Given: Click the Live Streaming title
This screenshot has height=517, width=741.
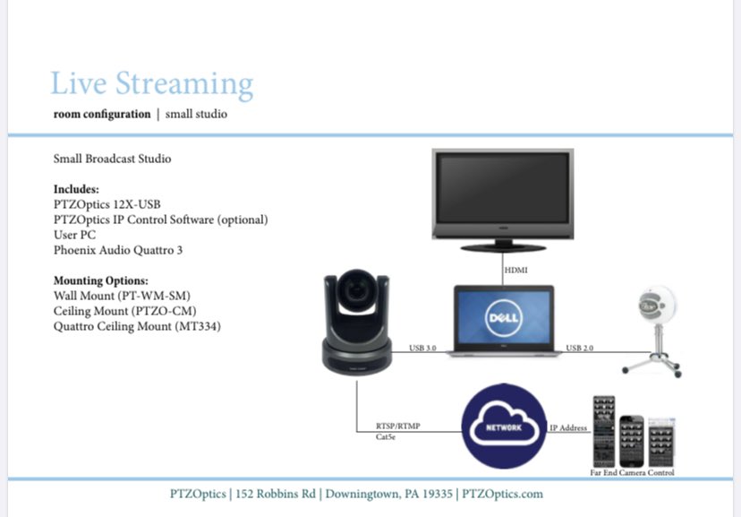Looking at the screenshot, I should (x=152, y=84).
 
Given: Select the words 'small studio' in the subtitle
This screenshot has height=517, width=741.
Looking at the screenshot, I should (x=197, y=115).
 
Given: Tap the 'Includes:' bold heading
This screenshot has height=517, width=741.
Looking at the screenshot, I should (x=77, y=189).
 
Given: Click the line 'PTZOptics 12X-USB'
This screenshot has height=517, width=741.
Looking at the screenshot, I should (x=107, y=204).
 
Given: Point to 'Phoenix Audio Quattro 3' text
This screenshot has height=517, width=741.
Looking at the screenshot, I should (x=118, y=250).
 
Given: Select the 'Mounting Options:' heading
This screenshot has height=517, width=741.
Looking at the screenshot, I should (x=101, y=280).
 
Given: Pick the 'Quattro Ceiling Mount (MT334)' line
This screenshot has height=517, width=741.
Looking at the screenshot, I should (x=137, y=327).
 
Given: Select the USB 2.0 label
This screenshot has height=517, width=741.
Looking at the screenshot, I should (x=579, y=347).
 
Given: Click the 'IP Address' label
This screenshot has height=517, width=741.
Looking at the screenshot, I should (x=568, y=428).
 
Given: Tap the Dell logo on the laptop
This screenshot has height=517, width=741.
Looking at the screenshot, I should (x=500, y=319).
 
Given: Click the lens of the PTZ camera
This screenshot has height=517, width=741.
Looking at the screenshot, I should (x=357, y=291).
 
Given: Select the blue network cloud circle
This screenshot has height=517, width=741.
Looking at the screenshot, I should (x=504, y=426).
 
